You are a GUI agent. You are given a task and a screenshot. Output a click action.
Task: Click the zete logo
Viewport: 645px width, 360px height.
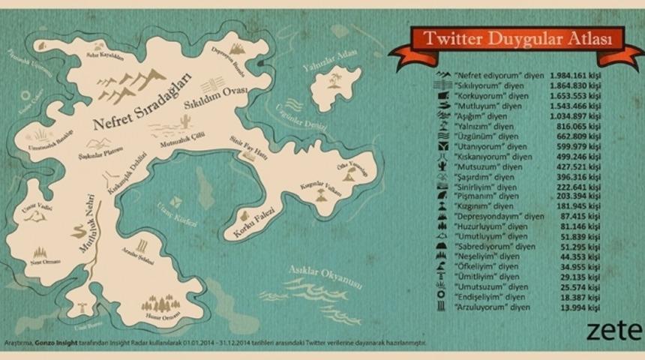click(625, 330)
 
